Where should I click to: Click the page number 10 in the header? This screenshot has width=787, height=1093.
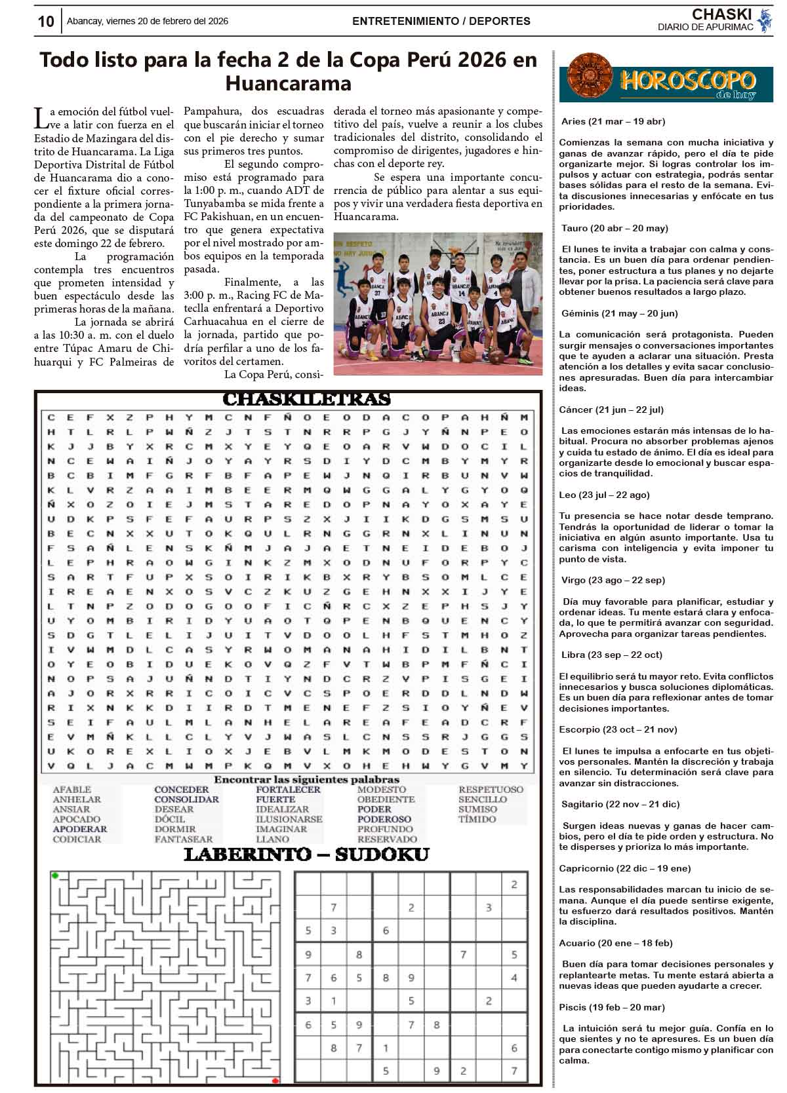pyautogui.click(x=45, y=22)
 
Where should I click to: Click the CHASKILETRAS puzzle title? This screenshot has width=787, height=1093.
pyautogui.click(x=306, y=399)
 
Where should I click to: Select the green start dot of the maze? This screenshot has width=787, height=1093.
pyautogui.click(x=55, y=875)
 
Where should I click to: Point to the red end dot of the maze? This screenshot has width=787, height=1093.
pyautogui.click(x=275, y=1081)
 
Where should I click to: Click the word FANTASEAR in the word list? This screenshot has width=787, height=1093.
pyautogui.click(x=184, y=839)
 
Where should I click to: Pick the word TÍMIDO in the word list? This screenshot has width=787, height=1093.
pyautogui.click(x=477, y=819)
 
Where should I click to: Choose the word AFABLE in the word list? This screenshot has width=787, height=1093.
pyautogui.click(x=72, y=790)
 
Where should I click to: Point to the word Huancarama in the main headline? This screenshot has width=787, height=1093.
pyautogui.click(x=288, y=84)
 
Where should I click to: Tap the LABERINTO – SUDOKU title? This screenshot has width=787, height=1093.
pyautogui.click(x=306, y=854)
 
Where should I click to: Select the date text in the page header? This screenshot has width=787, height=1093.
pyautogui.click(x=148, y=21)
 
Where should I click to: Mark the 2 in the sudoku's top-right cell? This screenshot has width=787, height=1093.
pyautogui.click(x=514, y=885)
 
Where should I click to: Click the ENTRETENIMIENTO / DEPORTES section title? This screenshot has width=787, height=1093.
pyautogui.click(x=441, y=21)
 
